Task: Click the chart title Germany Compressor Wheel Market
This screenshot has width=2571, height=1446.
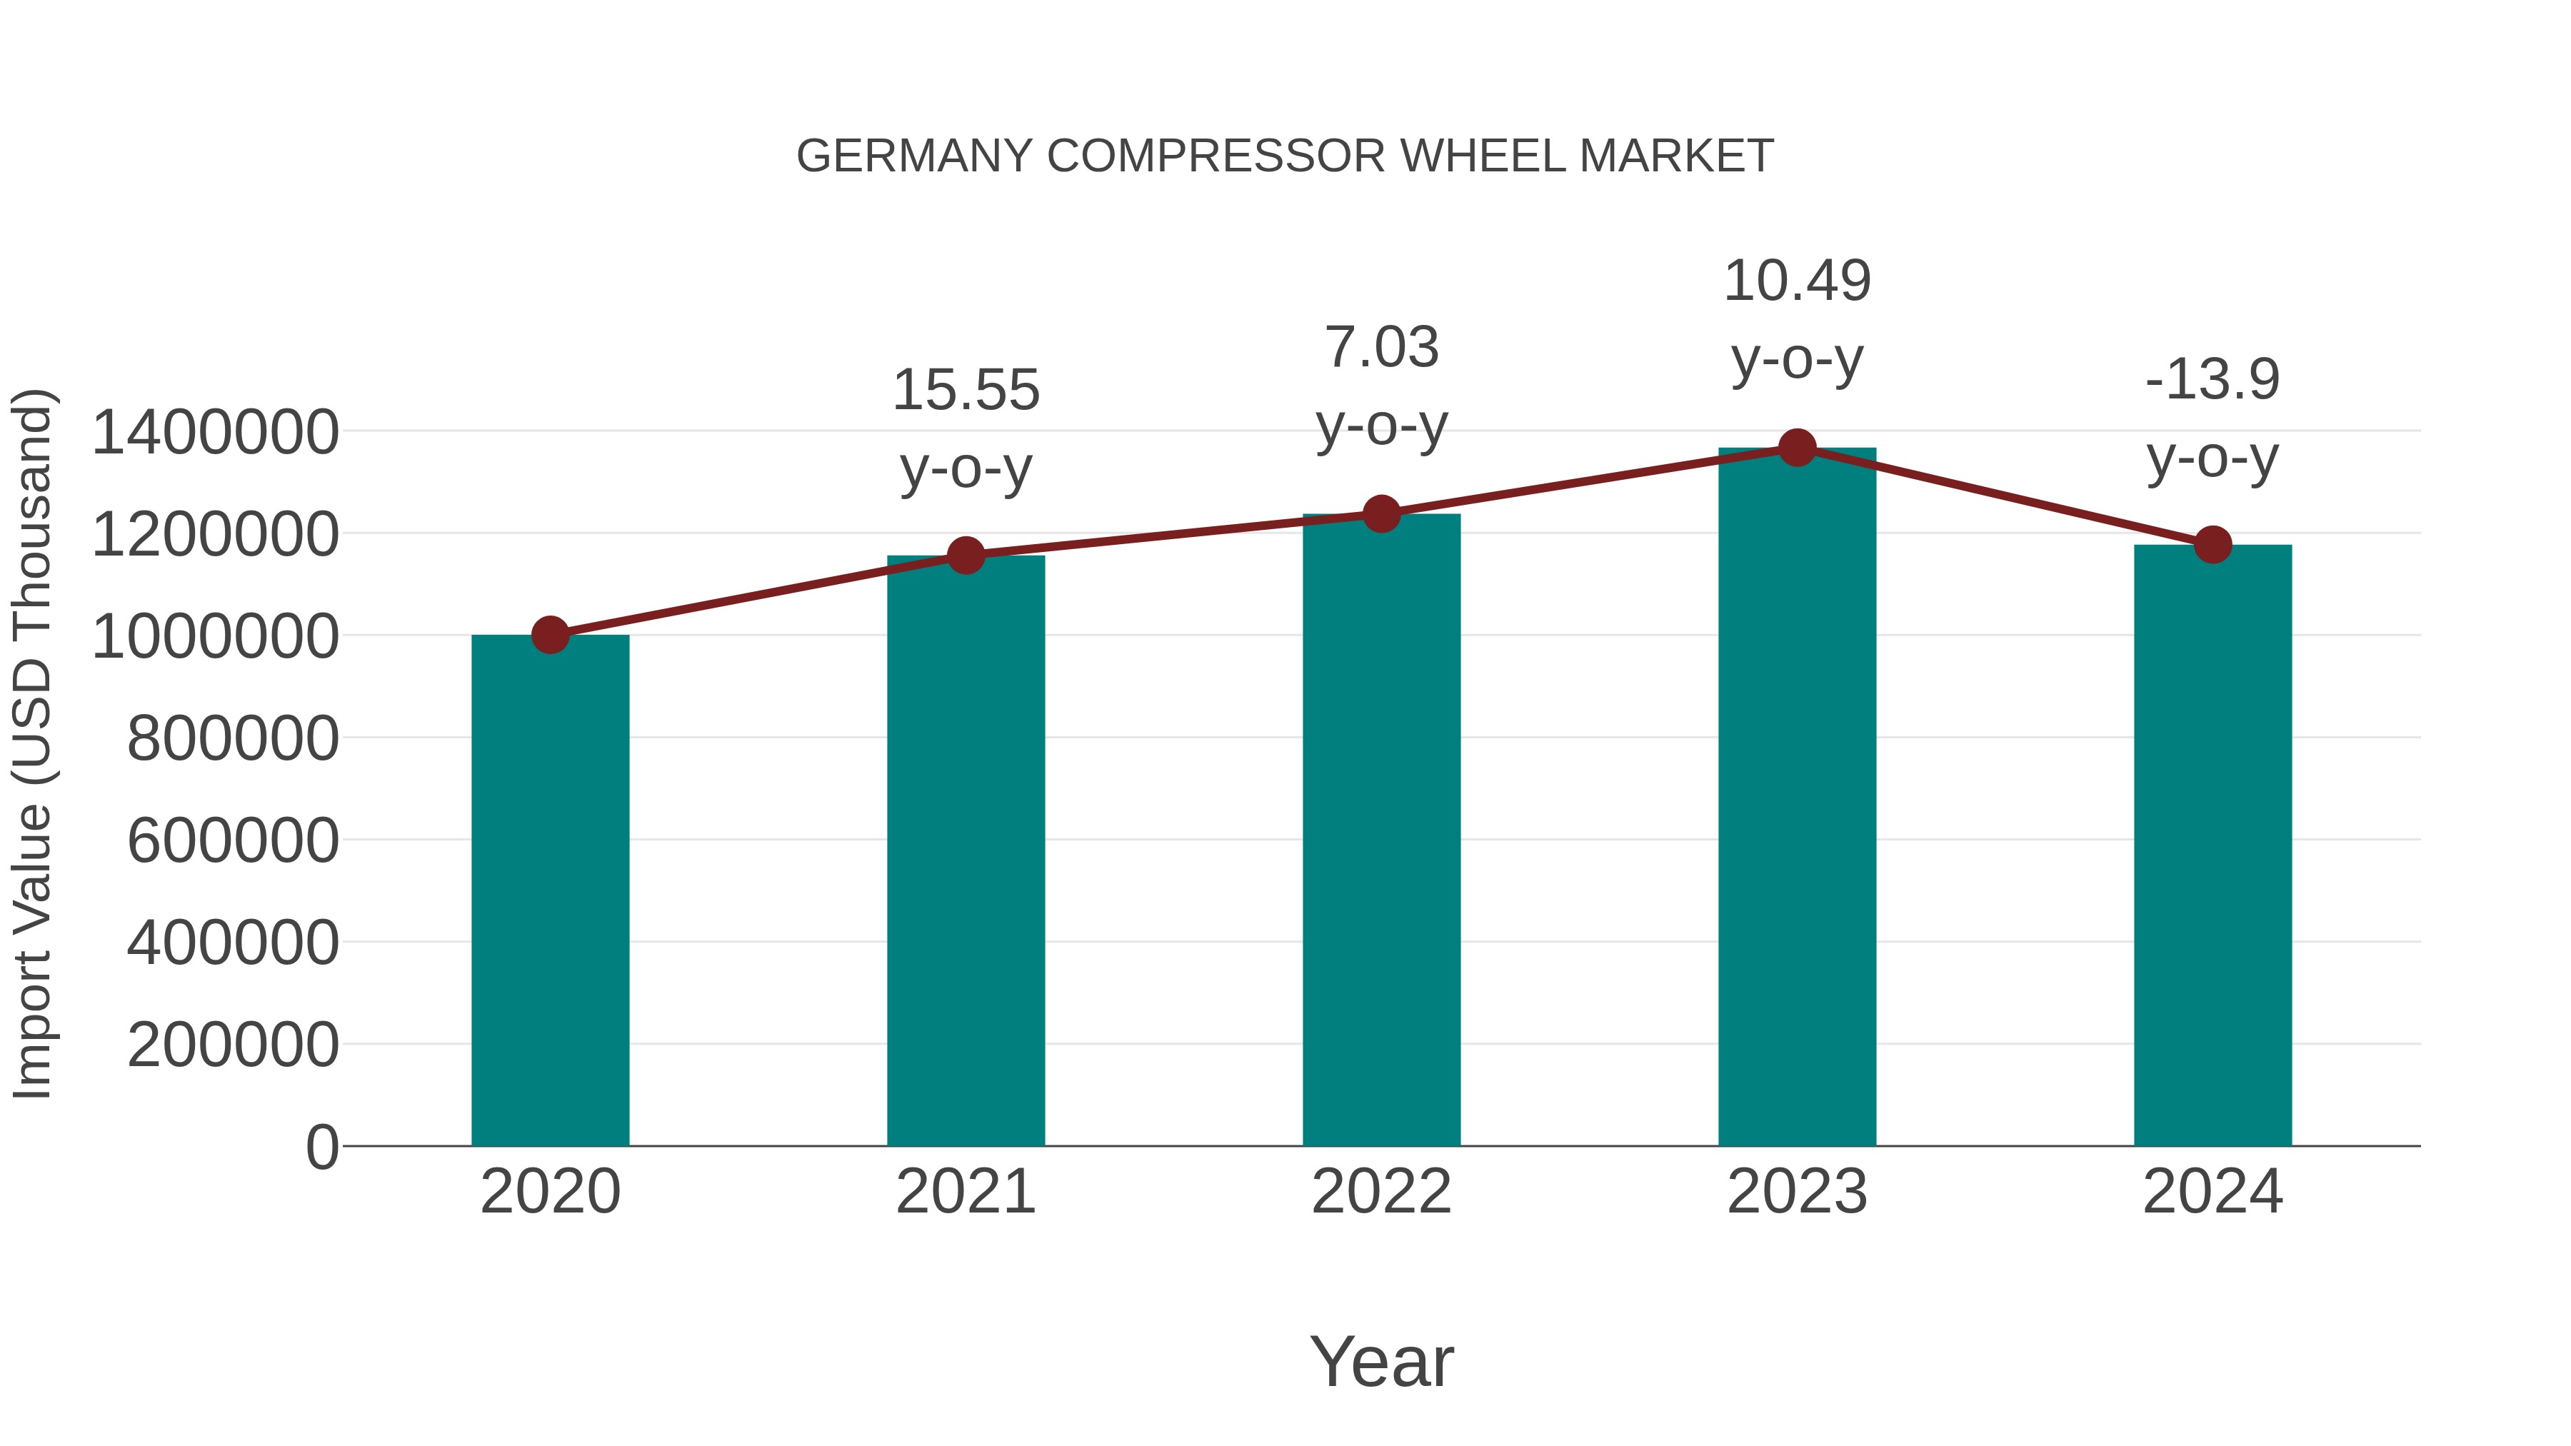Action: tap(1285, 156)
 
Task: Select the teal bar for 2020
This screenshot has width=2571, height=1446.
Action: tap(550, 890)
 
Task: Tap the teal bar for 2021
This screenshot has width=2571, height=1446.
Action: tap(965, 850)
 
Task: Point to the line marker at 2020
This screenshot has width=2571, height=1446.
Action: tap(550, 635)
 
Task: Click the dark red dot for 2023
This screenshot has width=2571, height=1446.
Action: tap(1797, 448)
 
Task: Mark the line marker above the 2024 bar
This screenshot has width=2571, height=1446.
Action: tap(2212, 545)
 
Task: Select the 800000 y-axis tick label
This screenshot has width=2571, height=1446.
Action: tap(233, 740)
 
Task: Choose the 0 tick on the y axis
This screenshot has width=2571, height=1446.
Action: tap(321, 1148)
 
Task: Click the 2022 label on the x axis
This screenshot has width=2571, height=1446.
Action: tap(1381, 1193)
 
